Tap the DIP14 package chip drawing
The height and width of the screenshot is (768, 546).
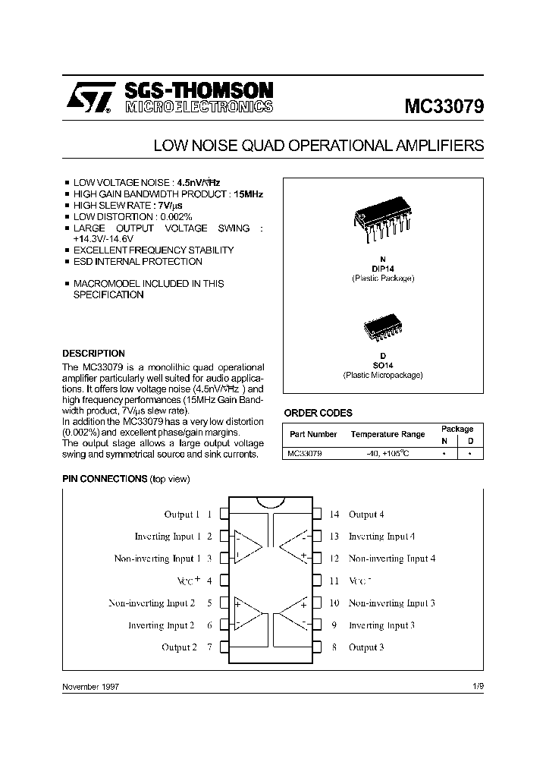coord(382,221)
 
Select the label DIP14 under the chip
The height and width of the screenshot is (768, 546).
coord(383,269)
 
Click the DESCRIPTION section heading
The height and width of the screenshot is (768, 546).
coord(93,354)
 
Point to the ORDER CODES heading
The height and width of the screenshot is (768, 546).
coord(318,413)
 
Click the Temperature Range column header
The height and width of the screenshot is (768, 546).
coord(388,435)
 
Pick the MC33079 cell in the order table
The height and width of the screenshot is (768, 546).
coord(304,453)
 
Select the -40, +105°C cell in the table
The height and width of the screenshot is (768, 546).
coord(388,453)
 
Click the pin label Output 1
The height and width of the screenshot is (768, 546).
coord(182,515)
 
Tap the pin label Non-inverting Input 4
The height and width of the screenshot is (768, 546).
coord(391,559)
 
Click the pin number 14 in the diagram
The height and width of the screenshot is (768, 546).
coord(334,515)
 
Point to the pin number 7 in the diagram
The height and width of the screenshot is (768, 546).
coord(209,647)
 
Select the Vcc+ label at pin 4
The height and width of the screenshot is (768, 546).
coord(189,581)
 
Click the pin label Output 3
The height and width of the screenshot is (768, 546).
coord(366,647)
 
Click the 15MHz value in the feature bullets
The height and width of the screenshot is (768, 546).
coord(249,194)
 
